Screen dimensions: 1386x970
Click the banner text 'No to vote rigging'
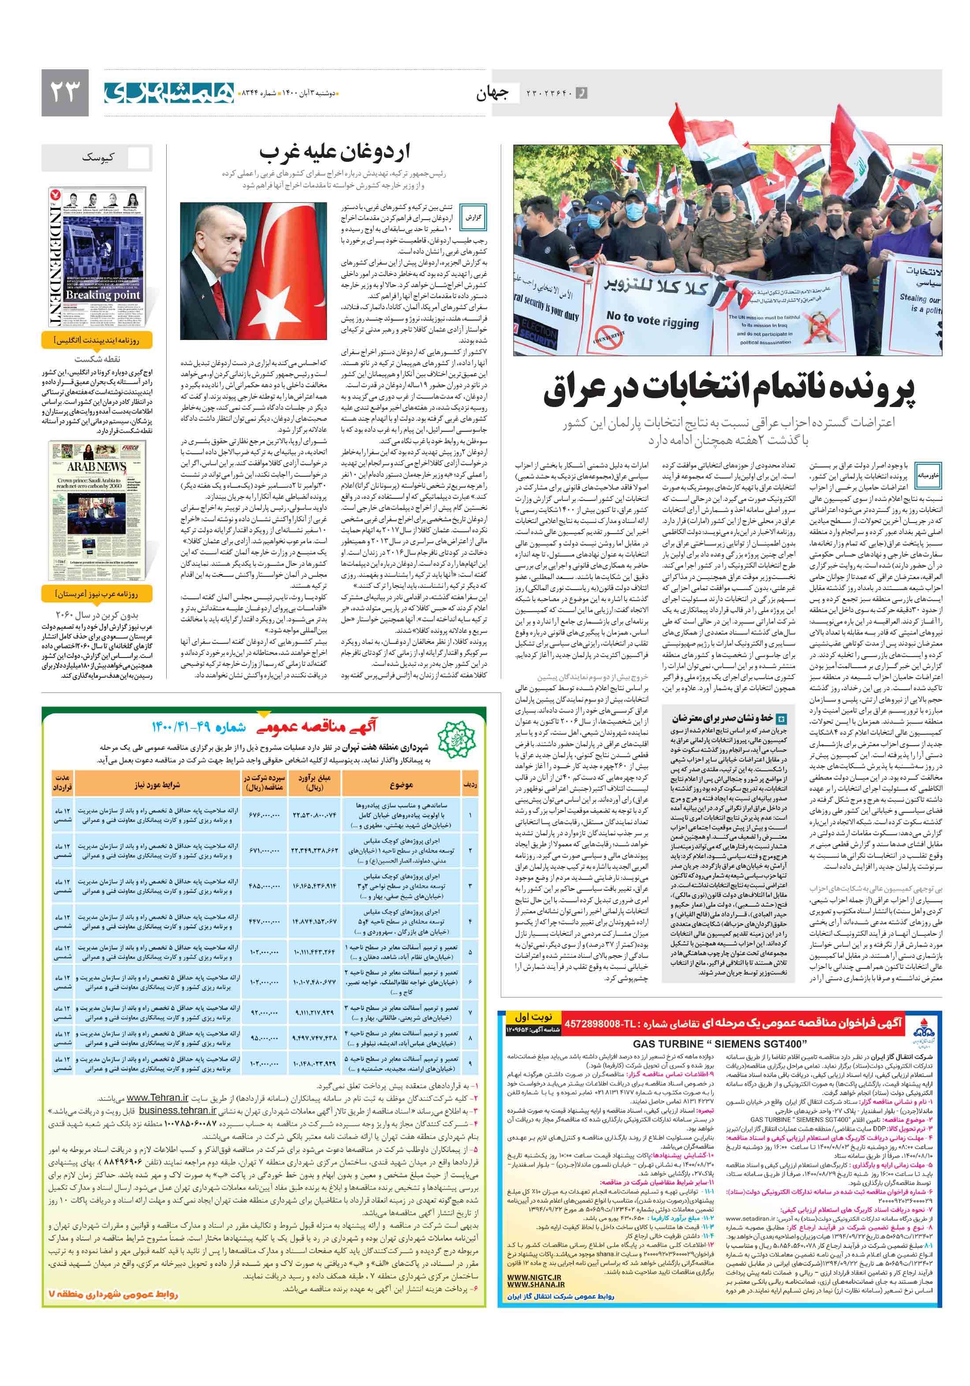653,319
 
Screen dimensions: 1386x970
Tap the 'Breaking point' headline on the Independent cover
103,295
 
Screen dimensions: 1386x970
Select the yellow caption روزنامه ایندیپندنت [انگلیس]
97,340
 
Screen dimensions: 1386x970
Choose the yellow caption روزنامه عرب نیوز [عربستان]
97,594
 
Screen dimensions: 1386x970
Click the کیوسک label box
97,157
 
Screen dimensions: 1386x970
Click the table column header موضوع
401,785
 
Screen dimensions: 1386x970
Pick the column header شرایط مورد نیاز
157,785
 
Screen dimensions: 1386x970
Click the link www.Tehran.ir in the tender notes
157,1098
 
